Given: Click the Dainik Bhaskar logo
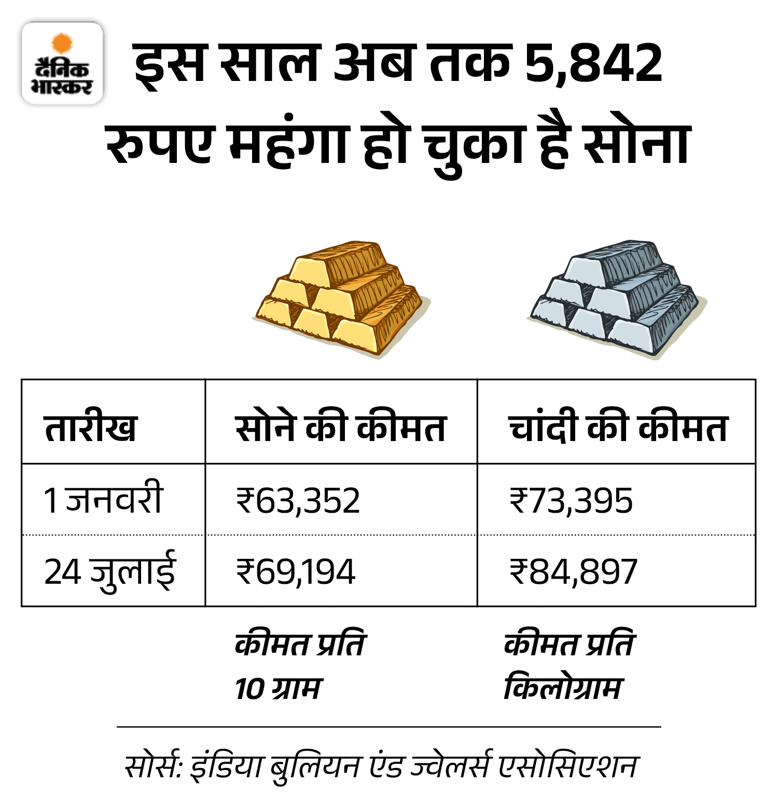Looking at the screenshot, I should pos(62,63).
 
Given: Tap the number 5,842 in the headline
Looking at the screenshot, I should pos(593,63).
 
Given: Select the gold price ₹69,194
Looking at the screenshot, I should pos(296,572).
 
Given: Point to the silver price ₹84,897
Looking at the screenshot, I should pos(573,572).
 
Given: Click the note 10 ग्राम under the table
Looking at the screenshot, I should pos(278,689).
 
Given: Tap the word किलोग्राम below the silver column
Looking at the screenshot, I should pos(562,689).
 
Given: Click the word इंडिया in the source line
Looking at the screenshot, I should pos(226,766).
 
